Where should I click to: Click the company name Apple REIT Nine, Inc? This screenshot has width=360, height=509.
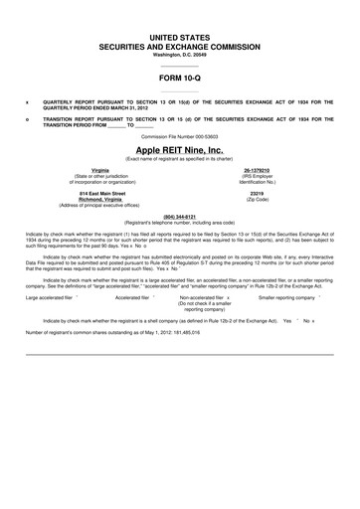[180, 150]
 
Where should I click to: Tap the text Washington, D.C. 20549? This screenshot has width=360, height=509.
[180, 54]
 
